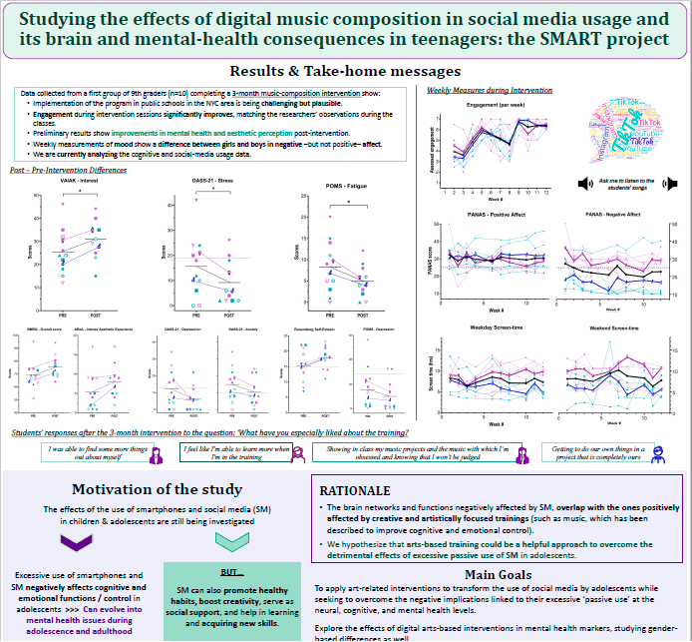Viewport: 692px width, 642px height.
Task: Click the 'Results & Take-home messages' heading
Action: [345, 72]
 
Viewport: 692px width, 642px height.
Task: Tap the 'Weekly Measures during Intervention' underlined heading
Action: [486, 90]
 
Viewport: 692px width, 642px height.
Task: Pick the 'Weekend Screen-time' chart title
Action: [612, 327]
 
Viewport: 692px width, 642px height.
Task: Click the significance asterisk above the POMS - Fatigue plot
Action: [348, 202]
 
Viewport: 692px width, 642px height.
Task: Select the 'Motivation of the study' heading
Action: [157, 489]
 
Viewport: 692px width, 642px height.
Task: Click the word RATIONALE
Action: [357, 491]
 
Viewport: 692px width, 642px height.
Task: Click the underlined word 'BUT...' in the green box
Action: [231, 573]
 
